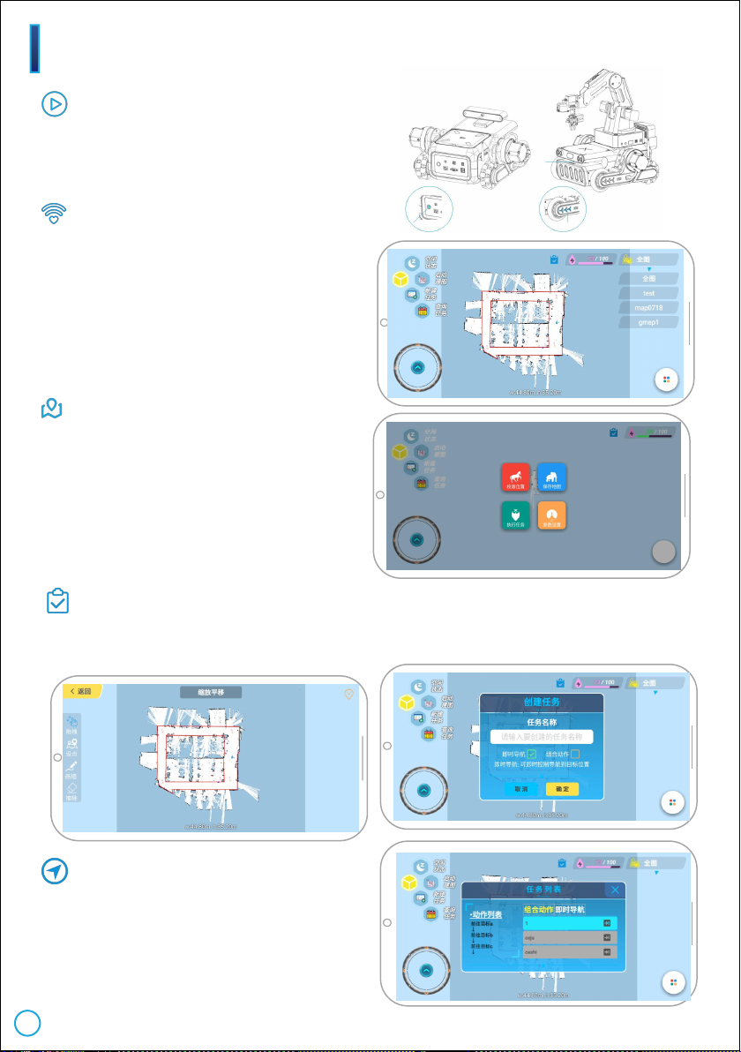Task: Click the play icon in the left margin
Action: (55, 104)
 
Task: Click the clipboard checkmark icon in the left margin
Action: (57, 602)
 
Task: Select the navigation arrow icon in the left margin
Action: (56, 872)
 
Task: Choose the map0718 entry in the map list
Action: (648, 307)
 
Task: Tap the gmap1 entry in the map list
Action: (648, 322)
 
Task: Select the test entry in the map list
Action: (648, 293)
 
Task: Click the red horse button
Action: (516, 477)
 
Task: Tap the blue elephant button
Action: (552, 477)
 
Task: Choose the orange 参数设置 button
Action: (552, 515)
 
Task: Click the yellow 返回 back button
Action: (80, 691)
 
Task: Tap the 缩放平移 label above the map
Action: (210, 693)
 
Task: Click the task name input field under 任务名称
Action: (541, 736)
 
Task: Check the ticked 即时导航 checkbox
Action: (532, 754)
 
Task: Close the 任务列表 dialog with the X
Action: (615, 890)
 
